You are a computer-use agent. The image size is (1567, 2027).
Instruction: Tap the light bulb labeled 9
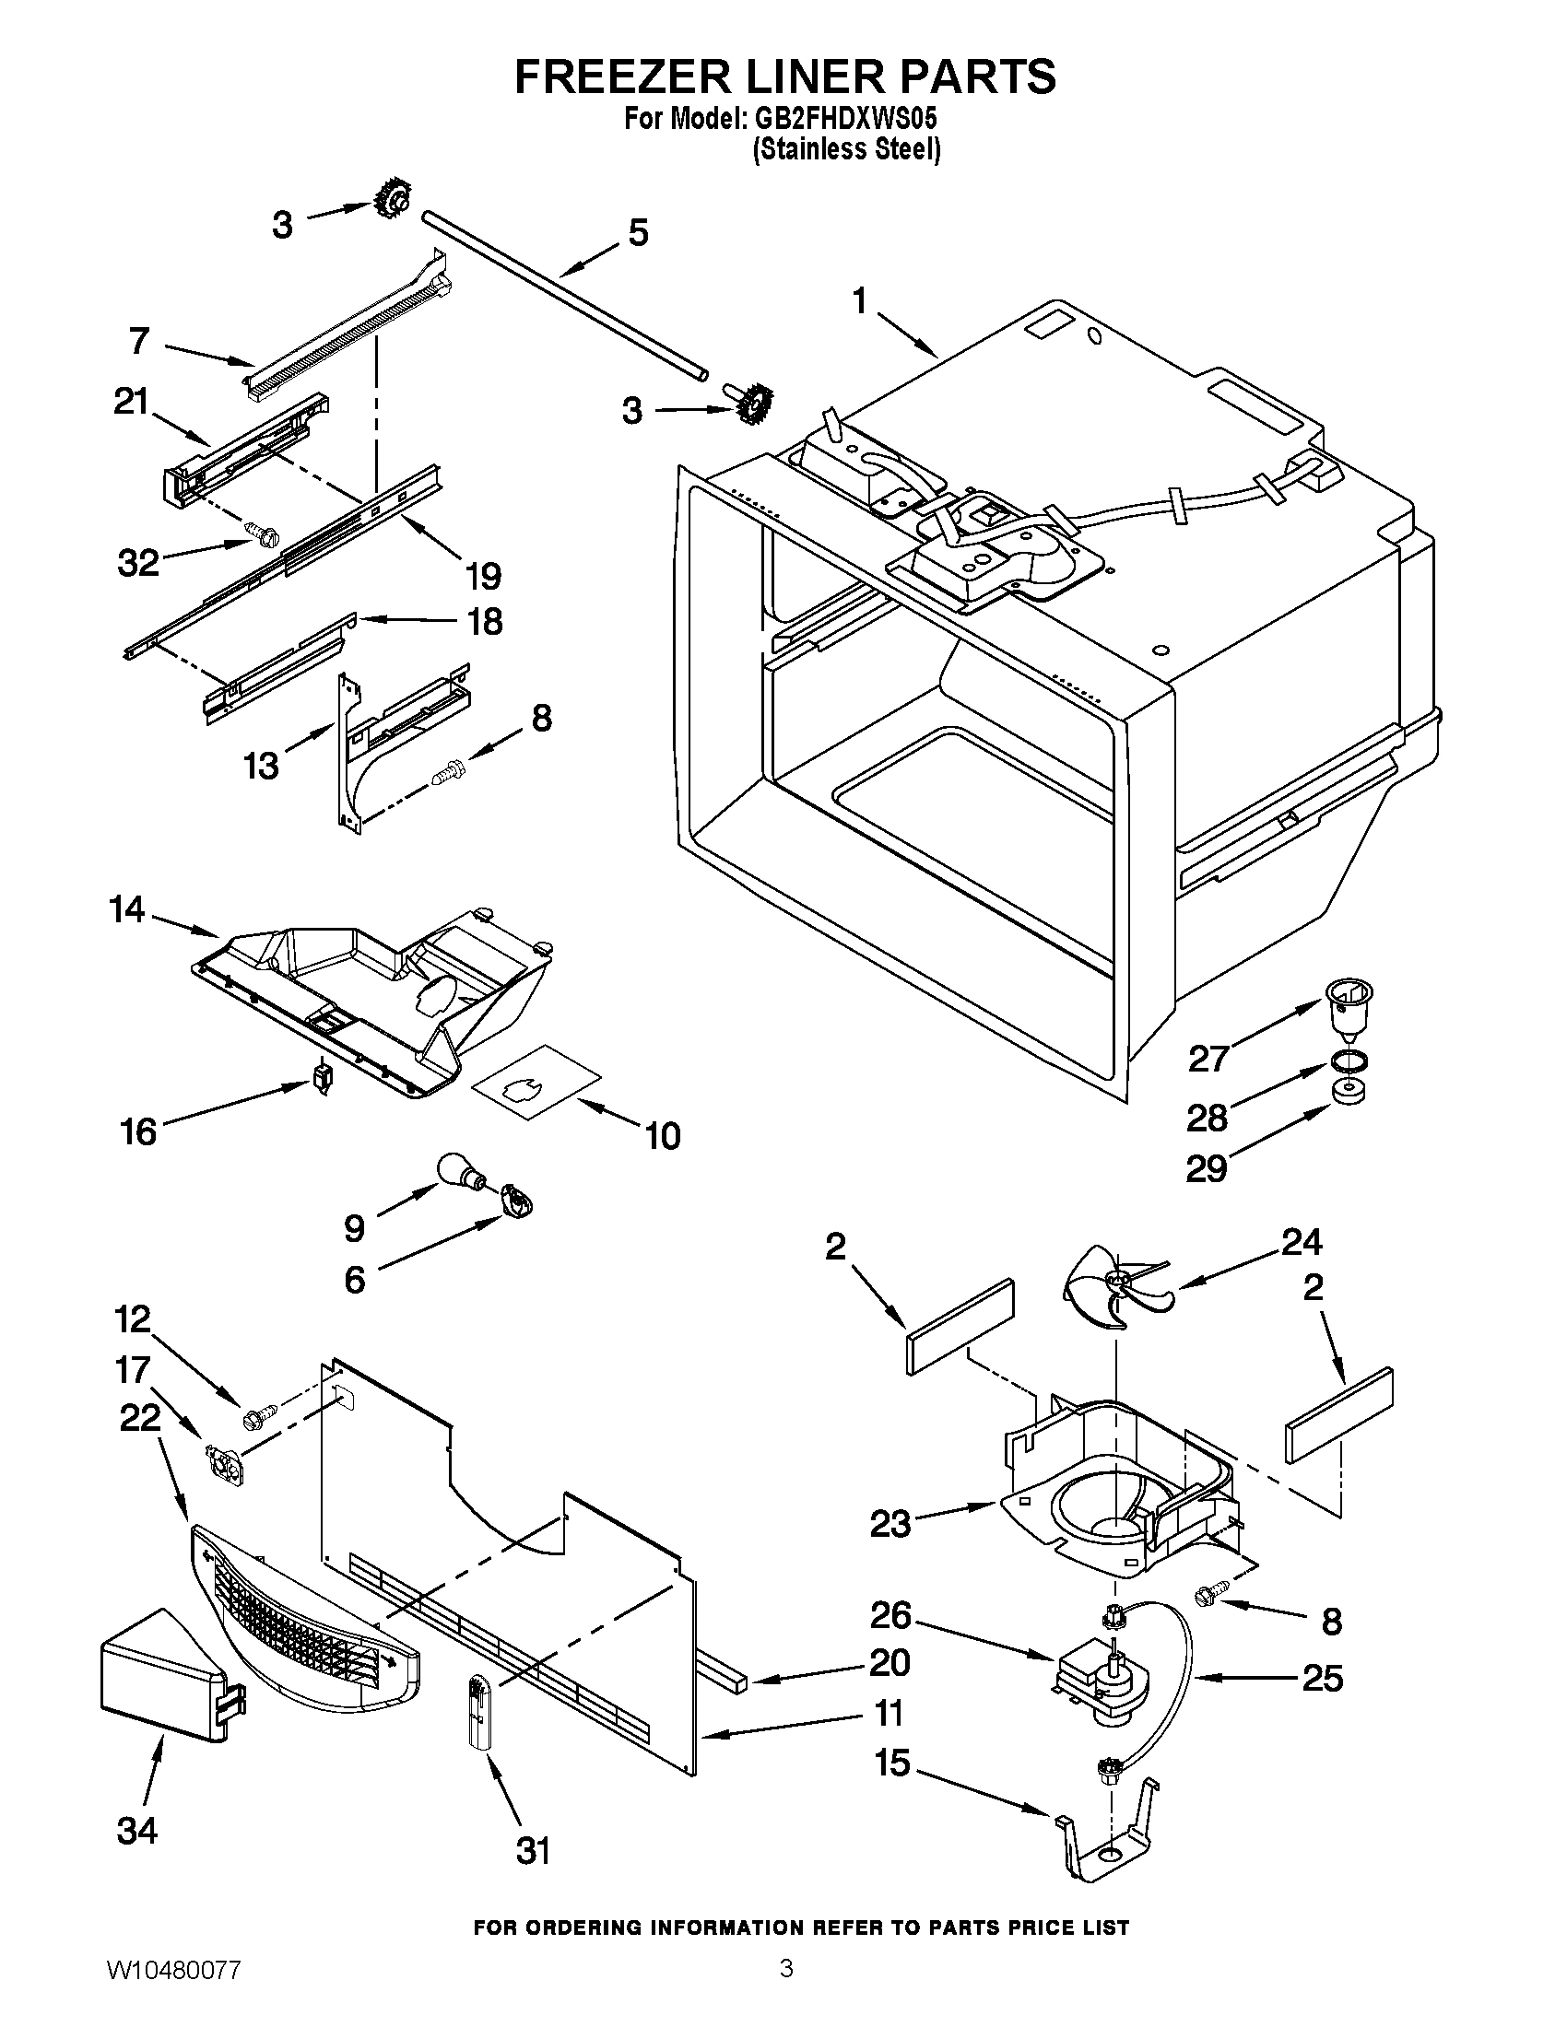point(462,1172)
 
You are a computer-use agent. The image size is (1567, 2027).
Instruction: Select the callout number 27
point(1208,1058)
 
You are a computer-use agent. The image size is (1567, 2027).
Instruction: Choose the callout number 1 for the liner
point(860,301)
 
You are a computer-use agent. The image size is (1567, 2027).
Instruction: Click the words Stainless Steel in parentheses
point(845,149)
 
